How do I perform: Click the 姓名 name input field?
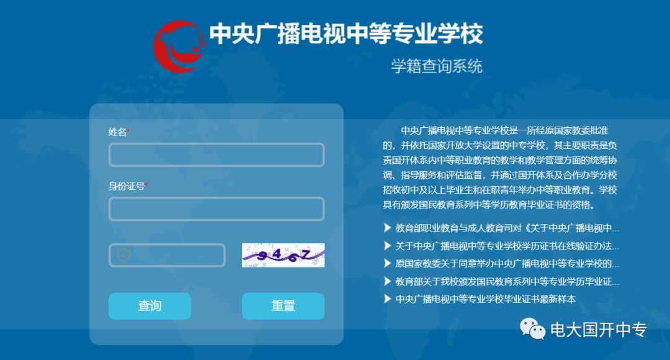[217, 155]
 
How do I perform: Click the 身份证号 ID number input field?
[217, 209]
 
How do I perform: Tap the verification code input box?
[167, 255]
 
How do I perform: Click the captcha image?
[284, 255]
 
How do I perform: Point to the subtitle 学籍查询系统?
[437, 66]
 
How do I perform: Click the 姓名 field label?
[117, 132]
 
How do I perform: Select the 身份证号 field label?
[127, 186]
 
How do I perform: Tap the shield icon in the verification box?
[123, 255]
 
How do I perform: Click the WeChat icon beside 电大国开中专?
[532, 329]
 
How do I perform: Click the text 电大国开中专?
[598, 330]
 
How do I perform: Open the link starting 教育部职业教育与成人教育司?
[507, 228]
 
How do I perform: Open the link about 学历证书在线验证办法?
[507, 246]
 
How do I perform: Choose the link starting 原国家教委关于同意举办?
[507, 263]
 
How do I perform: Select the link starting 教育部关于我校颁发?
[507, 281]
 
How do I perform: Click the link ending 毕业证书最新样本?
[485, 299]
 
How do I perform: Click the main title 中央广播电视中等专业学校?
[346, 34]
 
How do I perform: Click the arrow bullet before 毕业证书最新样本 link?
[387, 299]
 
